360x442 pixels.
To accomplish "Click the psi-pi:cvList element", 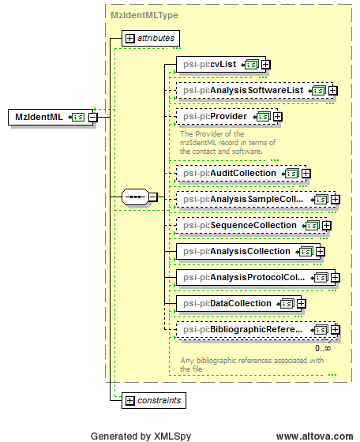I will pos(218,65).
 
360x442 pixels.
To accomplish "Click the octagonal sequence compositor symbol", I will pos(134,197).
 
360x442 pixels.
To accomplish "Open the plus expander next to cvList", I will pos(266,65).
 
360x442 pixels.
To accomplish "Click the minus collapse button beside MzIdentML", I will pos(92,118).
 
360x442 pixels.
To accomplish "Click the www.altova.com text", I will pos(314,436).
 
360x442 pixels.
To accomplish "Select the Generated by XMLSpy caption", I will pos(141,436).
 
